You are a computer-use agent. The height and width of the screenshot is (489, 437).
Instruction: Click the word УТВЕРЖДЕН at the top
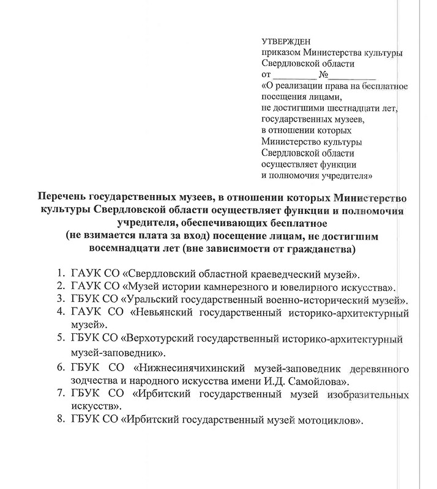(x=285, y=42)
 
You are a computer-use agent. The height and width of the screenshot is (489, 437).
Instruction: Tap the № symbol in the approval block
(x=324, y=76)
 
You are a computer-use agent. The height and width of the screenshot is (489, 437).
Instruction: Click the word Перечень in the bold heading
(x=63, y=197)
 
